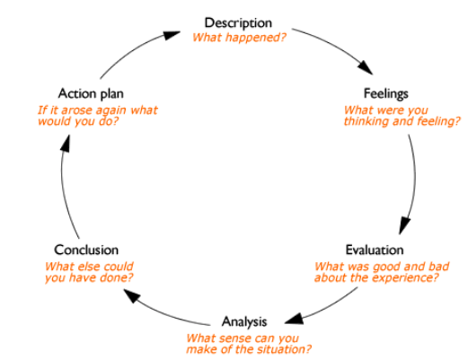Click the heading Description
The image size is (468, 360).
click(x=238, y=23)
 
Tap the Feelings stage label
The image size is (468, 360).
click(x=386, y=93)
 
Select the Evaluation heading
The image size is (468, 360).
click(x=375, y=250)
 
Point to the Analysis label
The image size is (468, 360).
click(x=244, y=322)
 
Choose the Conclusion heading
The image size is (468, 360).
click(x=86, y=250)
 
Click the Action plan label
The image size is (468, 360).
click(x=91, y=93)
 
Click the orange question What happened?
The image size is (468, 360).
click(x=239, y=38)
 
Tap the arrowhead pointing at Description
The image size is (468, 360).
click(x=172, y=35)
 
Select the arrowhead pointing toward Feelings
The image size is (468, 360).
click(x=366, y=67)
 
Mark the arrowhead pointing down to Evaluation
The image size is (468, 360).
click(x=404, y=225)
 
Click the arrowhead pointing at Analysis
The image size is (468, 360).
click(x=295, y=319)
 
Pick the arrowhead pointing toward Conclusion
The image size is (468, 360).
click(x=132, y=295)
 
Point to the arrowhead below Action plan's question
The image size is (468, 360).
click(x=66, y=144)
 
